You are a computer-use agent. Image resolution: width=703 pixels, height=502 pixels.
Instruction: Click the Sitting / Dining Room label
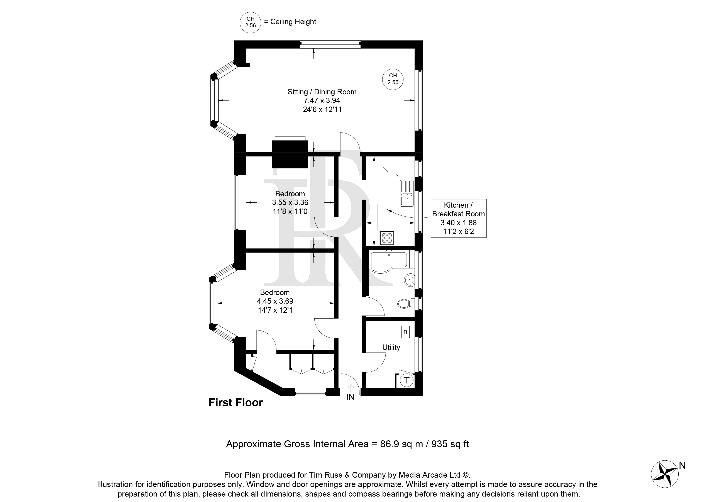tap(322, 92)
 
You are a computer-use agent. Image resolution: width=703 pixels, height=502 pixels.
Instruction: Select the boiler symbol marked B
tap(405, 332)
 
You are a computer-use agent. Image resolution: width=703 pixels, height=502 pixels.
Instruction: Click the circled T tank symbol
tap(407, 380)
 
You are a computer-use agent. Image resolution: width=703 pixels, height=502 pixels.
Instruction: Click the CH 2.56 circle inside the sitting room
tap(393, 79)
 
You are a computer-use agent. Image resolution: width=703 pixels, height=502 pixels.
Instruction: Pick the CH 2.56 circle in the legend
tap(251, 22)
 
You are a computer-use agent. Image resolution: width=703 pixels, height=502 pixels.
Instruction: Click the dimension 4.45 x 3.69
tap(275, 301)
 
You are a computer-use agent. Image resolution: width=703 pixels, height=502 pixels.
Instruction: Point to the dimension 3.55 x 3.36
tap(290, 202)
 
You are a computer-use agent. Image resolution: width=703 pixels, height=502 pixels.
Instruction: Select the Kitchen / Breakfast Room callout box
tap(459, 218)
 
